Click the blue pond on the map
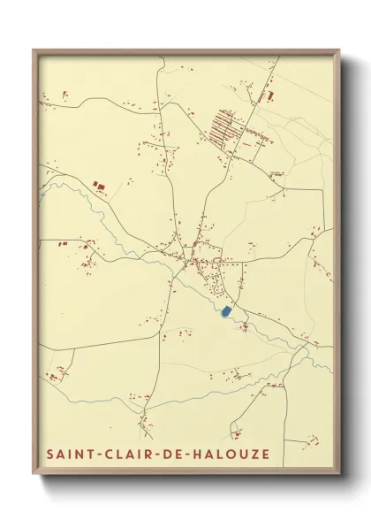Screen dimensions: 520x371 point(226,312)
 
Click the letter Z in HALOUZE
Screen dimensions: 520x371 point(254,455)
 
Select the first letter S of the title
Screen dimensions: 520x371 point(49,455)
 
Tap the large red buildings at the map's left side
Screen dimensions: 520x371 point(99,185)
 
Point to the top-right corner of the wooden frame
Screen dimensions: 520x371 point(339,50)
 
